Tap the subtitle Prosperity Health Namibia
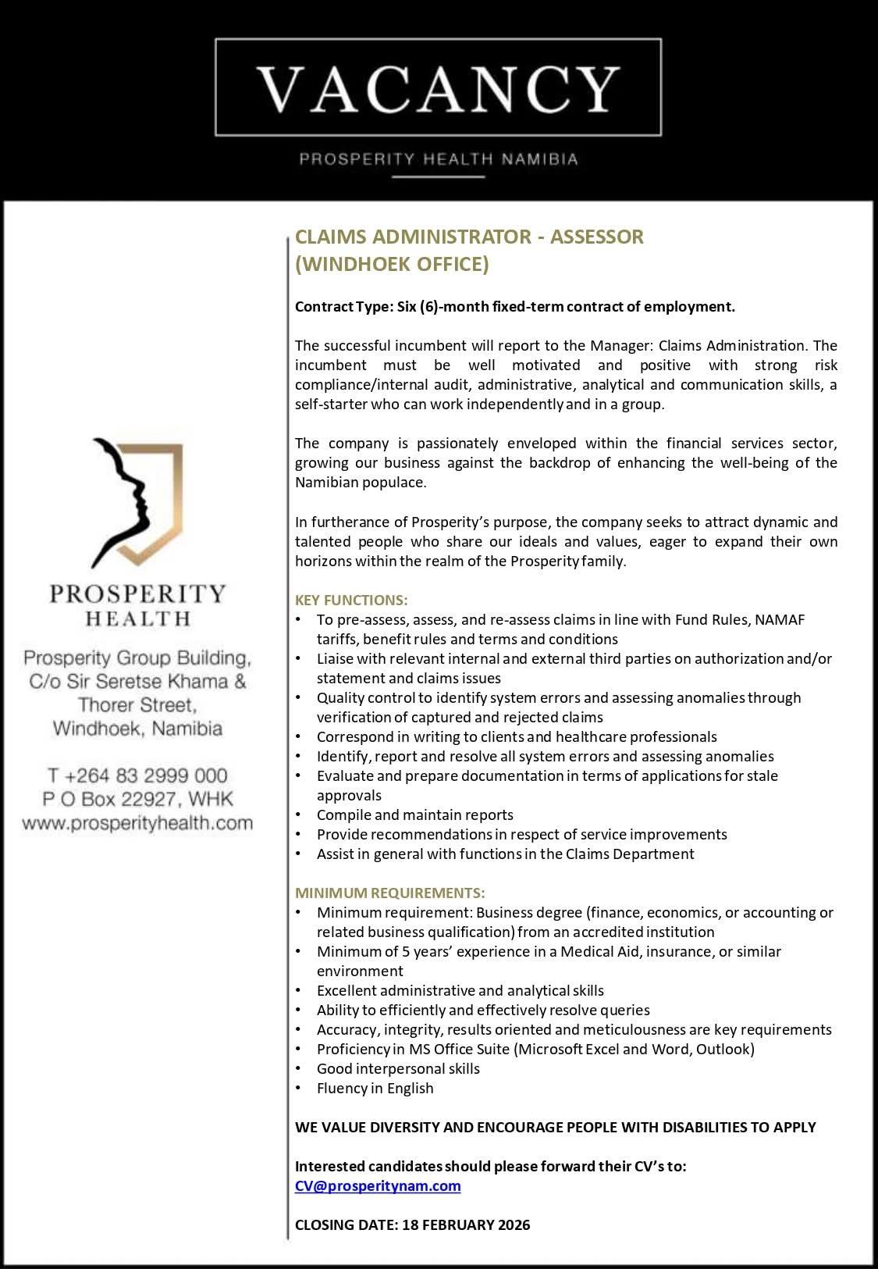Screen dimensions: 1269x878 [439, 159]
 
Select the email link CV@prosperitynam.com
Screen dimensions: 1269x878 [378, 1185]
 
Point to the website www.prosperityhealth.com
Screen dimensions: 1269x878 [137, 822]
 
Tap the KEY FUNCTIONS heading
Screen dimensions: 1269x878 [351, 600]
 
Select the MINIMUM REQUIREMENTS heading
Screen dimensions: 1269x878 [389, 893]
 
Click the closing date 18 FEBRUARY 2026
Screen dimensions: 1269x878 [466, 1224]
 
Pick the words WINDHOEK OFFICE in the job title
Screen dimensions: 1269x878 [392, 265]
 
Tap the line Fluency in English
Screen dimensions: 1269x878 [375, 1088]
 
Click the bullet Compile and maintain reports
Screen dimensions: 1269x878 [414, 815]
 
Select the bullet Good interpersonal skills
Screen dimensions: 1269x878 [398, 1068]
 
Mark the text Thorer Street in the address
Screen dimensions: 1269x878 [137, 705]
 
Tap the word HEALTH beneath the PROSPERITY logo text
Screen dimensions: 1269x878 [137, 619]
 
